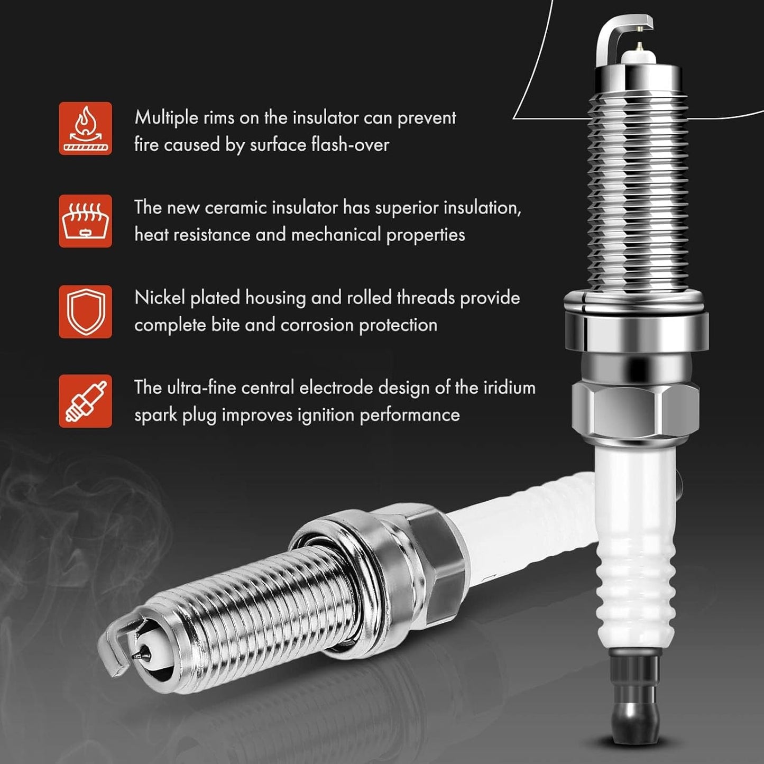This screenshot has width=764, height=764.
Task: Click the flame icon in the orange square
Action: pyautogui.click(x=85, y=128)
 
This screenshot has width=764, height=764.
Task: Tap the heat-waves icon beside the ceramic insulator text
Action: pyautogui.click(x=85, y=221)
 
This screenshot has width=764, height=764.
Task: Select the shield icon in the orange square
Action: pyautogui.click(x=85, y=311)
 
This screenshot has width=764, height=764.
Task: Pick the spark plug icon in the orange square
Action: pyautogui.click(x=85, y=401)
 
